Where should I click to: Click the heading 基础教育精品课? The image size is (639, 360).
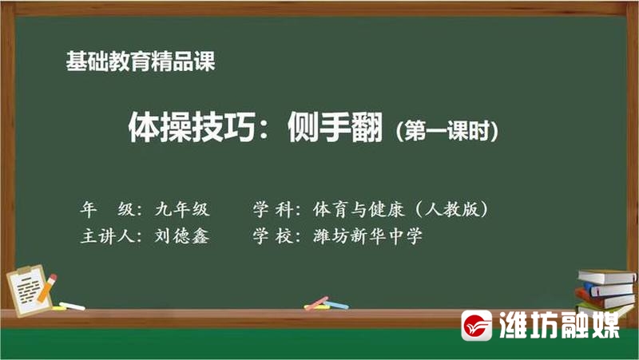coord(141,61)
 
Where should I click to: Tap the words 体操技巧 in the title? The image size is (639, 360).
coord(192,127)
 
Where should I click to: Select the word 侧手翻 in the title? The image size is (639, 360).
coord(335,127)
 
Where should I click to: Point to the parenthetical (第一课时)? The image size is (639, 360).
coord(447,131)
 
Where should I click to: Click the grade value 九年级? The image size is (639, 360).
coord(182,209)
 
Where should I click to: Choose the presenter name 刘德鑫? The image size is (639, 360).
coord(182,235)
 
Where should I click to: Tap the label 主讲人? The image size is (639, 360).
coord(108,236)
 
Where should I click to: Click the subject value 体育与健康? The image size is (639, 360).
coord(359,209)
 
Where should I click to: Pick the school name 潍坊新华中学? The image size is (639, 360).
coord(367,236)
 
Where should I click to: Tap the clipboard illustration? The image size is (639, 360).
coord(30,291)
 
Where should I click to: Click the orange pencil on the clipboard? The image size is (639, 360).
coord(47,288)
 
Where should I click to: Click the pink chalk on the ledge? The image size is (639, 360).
coord(316,303)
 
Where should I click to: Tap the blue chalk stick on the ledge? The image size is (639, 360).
coord(335,305)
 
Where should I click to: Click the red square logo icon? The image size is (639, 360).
coord(476,326)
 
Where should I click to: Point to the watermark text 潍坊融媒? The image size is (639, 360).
coord(559,325)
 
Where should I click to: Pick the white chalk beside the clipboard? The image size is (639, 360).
coord(72,307)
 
